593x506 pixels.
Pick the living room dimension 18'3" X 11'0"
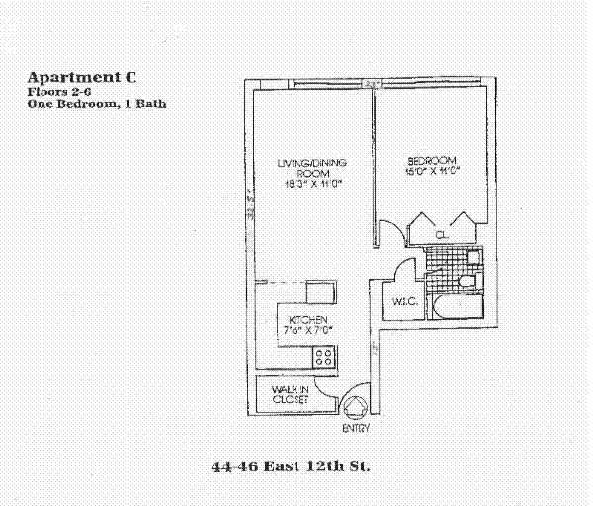303,183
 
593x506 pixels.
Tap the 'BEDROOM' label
432,160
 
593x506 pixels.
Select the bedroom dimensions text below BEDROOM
432,172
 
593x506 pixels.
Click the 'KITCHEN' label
307,318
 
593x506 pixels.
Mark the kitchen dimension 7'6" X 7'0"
307,330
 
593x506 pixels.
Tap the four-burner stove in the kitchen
324,354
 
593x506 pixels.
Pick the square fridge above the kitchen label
321,292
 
